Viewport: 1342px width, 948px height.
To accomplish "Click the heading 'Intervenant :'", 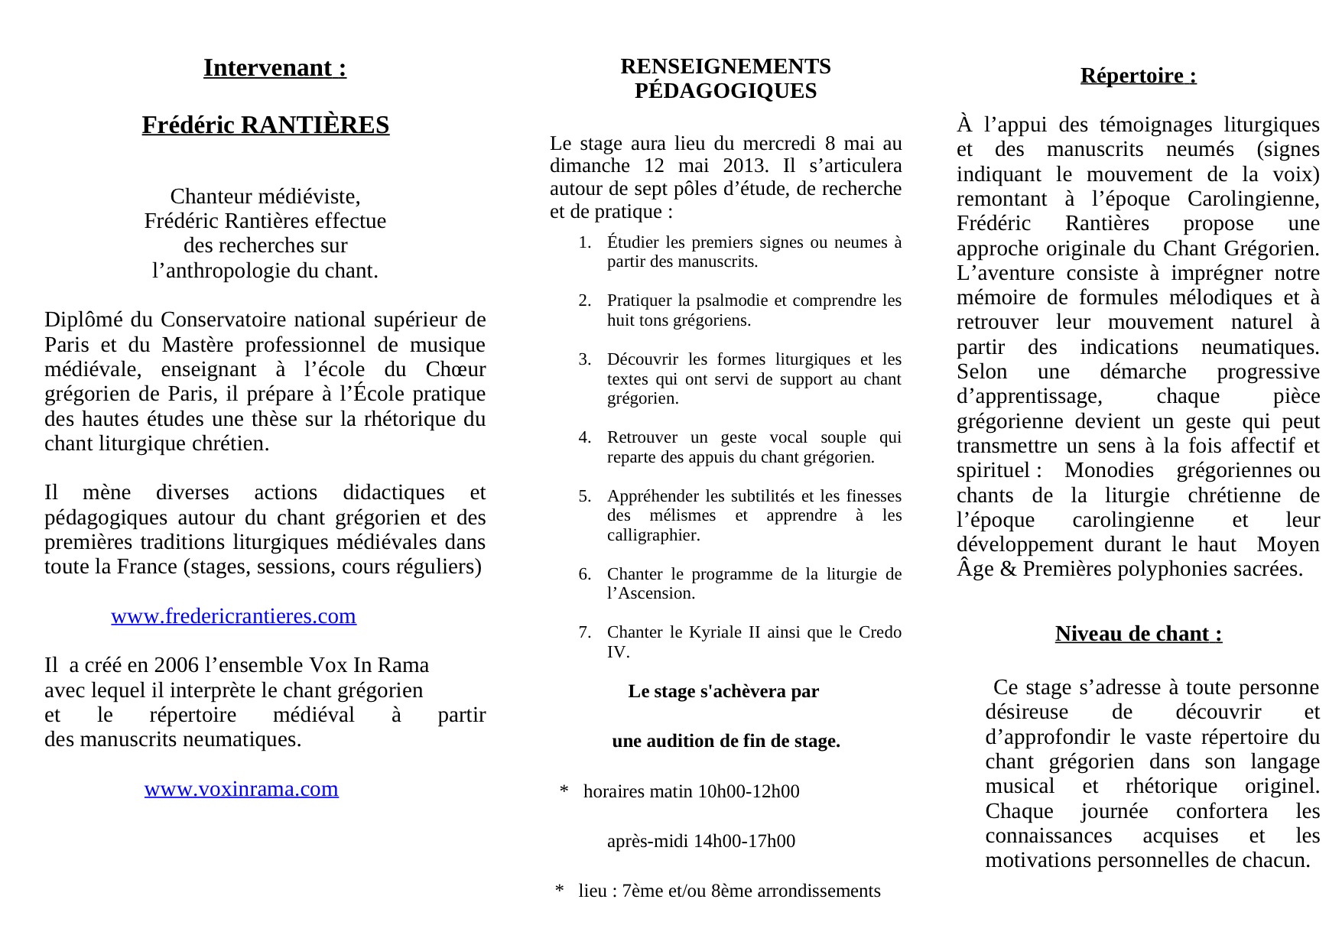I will click(x=275, y=68).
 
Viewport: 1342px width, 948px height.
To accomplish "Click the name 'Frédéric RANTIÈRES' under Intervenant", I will click(x=265, y=125).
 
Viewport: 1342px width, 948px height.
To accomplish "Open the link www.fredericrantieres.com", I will click(x=233, y=616).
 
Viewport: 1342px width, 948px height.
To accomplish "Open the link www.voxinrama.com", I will click(x=242, y=789).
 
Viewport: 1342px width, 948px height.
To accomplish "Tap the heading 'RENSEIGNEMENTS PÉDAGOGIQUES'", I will click(x=725, y=79).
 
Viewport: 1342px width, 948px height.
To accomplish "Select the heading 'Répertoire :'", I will click(x=1138, y=76).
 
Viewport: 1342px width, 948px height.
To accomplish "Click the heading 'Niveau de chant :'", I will click(x=1138, y=634).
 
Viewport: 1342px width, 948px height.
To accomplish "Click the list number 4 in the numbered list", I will click(x=584, y=438).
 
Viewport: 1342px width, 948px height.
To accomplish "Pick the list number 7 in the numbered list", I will click(x=584, y=632).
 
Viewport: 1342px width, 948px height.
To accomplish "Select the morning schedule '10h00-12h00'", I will click(x=748, y=791).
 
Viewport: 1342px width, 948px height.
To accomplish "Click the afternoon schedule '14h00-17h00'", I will click(x=744, y=842).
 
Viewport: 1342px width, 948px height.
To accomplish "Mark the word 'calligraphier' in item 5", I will click(x=653, y=535).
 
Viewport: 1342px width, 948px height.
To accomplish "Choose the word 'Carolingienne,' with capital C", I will click(x=1253, y=200).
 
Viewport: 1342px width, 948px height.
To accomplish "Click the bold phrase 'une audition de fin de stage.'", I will click(x=726, y=742).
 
